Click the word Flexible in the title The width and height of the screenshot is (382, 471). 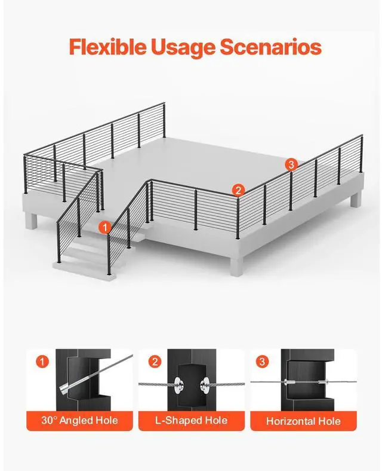(108, 47)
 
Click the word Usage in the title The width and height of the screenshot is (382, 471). (183, 48)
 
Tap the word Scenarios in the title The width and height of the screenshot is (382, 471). (271, 47)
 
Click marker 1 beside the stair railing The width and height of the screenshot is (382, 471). (105, 227)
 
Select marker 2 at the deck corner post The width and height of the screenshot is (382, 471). (238, 190)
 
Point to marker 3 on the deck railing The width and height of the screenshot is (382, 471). (291, 164)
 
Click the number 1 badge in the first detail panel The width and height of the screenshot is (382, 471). (42, 362)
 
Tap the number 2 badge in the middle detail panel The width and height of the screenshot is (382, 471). (155, 362)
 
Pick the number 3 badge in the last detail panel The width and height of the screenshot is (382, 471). (263, 362)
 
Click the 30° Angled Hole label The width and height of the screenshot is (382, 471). (79, 420)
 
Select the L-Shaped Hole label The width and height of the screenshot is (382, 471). (192, 420)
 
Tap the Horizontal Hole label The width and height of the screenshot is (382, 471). (303, 421)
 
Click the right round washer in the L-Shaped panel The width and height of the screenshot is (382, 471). (206, 384)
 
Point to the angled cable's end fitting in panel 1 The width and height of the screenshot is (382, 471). (65, 389)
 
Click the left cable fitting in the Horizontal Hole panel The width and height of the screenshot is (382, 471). (289, 383)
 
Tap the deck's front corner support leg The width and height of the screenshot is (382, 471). (237, 266)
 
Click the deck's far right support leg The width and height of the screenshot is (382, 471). (356, 200)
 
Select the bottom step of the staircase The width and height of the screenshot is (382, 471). (85, 270)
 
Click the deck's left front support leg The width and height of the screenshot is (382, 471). (31, 221)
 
